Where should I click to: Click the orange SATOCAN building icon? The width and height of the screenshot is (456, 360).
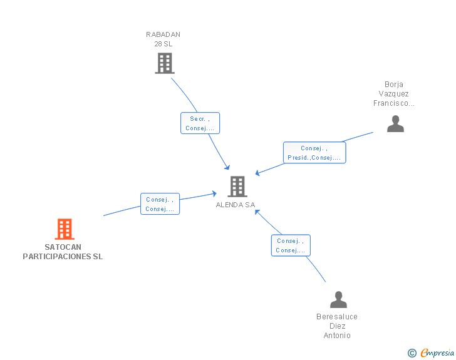click(65, 229)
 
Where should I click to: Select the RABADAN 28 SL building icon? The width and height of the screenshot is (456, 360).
click(165, 63)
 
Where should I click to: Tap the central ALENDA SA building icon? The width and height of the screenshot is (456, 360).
click(237, 187)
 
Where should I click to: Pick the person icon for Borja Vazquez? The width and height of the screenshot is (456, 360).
click(395, 123)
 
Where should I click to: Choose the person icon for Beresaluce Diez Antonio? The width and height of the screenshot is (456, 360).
click(338, 299)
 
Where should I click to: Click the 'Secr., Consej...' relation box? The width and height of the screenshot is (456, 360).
click(200, 123)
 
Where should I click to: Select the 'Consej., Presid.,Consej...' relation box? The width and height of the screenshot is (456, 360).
click(314, 153)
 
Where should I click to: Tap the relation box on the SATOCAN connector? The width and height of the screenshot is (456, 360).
click(160, 204)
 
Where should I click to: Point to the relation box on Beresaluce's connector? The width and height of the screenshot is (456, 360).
click(291, 245)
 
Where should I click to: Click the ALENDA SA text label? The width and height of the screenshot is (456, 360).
click(236, 205)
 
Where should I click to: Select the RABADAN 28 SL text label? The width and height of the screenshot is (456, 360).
click(163, 39)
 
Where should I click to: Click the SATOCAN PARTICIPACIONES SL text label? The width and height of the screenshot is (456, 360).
click(63, 252)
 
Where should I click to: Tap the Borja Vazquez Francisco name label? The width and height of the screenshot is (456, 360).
click(394, 94)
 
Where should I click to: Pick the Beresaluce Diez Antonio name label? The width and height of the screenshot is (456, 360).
click(337, 326)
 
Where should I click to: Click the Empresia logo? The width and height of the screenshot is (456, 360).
click(437, 352)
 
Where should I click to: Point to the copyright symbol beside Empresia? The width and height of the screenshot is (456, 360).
click(412, 353)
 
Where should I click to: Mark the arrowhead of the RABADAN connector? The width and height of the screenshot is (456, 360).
click(227, 167)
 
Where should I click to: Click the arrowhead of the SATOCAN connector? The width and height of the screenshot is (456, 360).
click(214, 193)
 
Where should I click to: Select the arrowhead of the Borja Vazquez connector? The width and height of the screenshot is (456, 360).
click(257, 173)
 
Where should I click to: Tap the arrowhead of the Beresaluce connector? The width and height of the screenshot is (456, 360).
click(257, 212)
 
